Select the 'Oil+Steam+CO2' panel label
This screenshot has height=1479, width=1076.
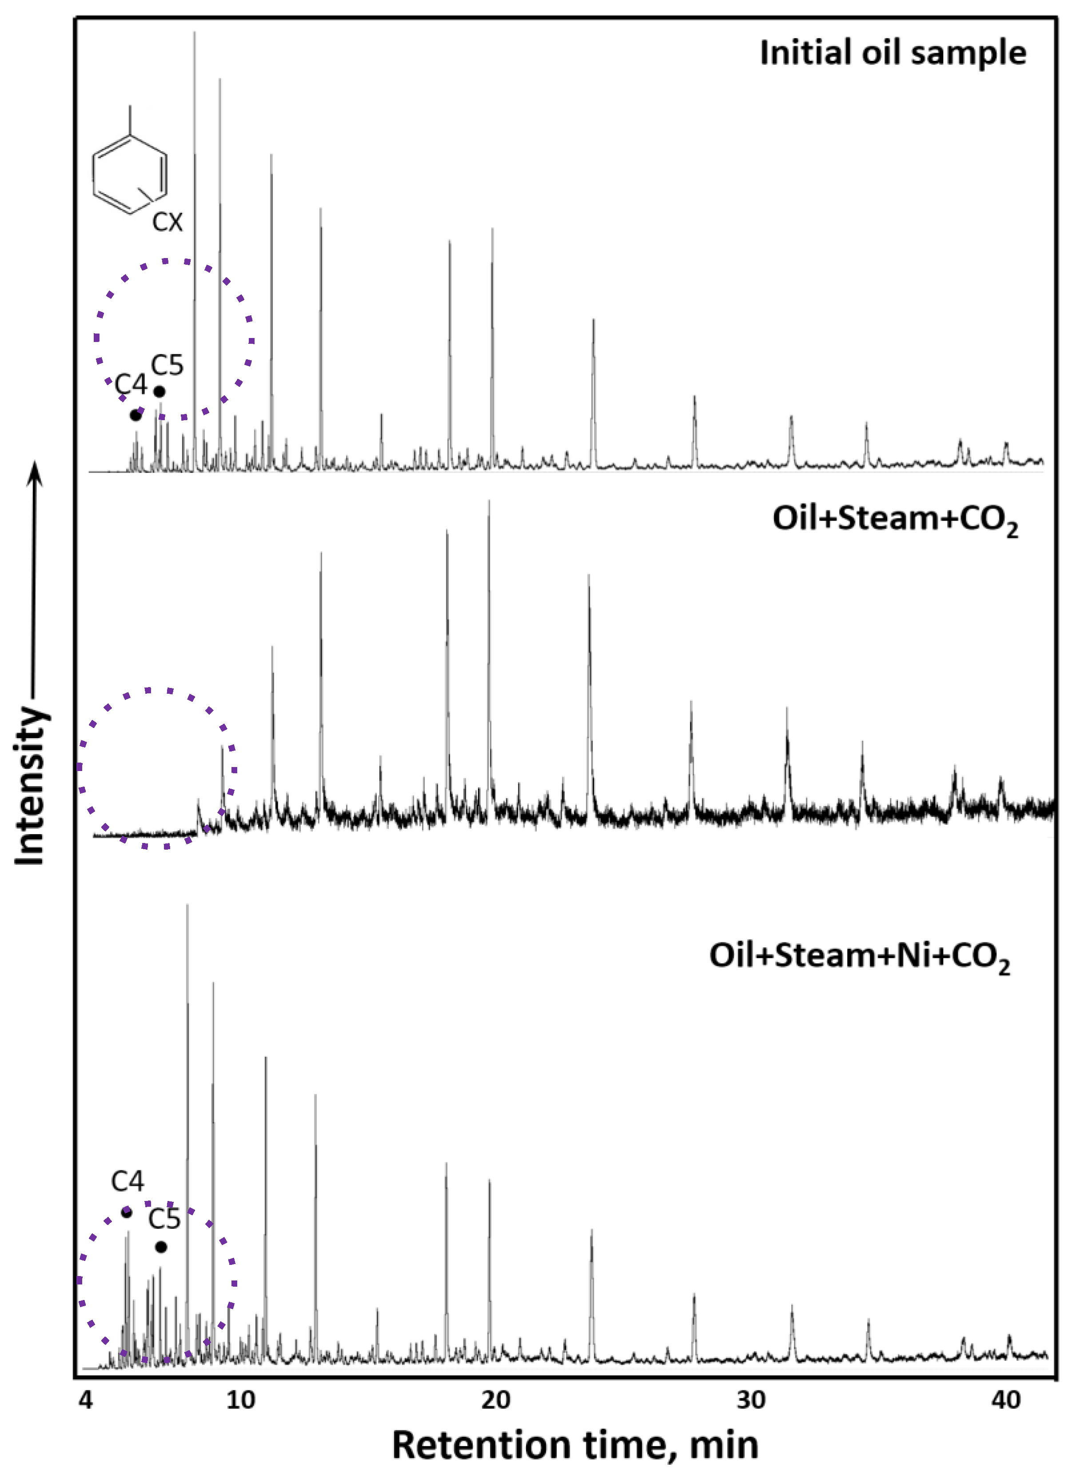[x=895, y=521]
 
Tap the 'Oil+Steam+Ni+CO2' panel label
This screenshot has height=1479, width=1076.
[x=860, y=957]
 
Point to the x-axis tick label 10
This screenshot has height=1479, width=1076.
[x=241, y=1400]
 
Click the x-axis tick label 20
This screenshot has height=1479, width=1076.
[x=496, y=1400]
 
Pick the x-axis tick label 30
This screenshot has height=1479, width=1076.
[x=751, y=1400]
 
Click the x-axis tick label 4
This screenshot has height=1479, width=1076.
[x=85, y=1400]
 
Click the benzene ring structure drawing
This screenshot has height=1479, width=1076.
[x=130, y=173]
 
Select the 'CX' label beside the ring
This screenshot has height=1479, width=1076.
[x=167, y=223]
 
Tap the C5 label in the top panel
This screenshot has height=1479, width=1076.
[x=167, y=366]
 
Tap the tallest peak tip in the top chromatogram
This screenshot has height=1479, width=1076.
[x=194, y=32]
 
